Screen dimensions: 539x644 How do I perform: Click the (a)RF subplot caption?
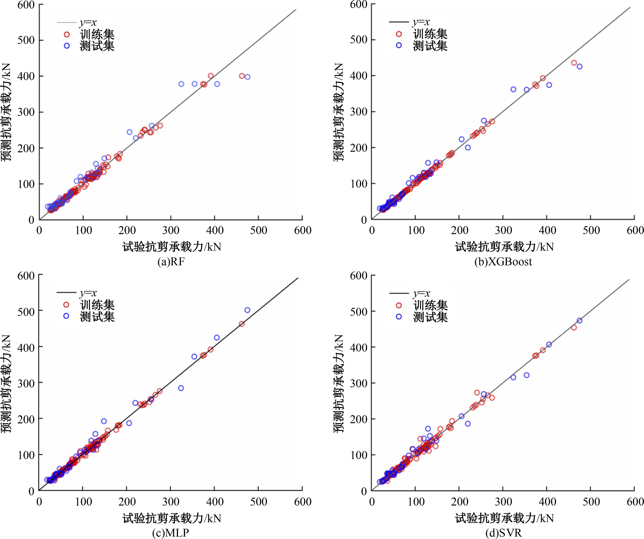coord(171,262)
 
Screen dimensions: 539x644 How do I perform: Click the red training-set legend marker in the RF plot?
coord(67,34)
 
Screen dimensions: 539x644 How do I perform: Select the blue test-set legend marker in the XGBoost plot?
coord(399,45)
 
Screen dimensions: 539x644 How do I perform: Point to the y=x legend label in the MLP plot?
coord(88,293)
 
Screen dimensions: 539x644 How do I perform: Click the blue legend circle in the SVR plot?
coord(399,316)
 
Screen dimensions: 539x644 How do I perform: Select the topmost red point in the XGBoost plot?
coord(574,63)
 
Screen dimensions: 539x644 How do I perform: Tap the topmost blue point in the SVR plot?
coord(579,320)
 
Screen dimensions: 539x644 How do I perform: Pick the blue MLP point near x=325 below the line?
coord(181,388)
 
